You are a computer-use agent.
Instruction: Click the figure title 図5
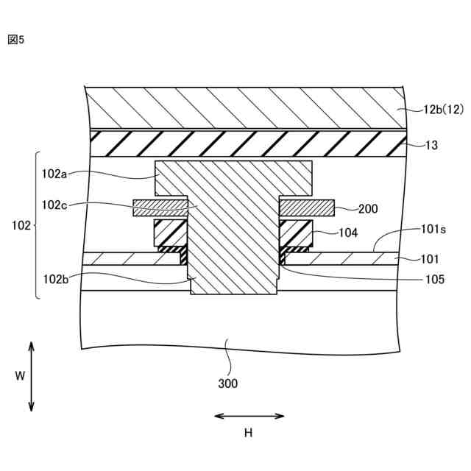coord(16,40)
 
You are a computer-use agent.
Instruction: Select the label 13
coord(431,146)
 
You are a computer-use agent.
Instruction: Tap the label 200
coord(368,208)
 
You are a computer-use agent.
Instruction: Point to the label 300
coord(227,383)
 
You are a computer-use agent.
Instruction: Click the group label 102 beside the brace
coord(18,226)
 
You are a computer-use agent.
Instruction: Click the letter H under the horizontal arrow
coord(248,433)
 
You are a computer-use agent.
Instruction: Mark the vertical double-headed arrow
coord(32,376)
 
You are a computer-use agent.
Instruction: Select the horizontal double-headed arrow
coord(249,416)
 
